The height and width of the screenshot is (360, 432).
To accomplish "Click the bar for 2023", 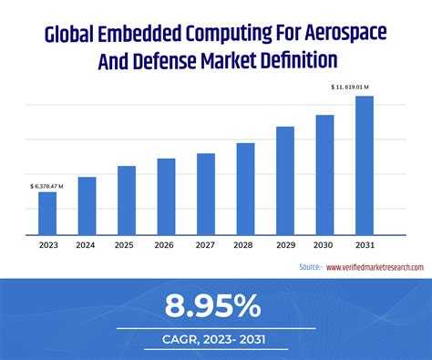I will [47, 213].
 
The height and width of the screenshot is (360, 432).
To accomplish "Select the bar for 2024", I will [87, 206].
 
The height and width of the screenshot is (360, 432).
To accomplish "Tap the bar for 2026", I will [166, 197].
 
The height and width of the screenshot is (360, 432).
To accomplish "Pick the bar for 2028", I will [245, 189].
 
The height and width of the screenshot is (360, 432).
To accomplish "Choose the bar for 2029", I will [285, 180].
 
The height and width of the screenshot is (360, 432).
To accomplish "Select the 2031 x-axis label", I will [365, 244].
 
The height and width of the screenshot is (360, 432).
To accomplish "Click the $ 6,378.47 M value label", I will [47, 185].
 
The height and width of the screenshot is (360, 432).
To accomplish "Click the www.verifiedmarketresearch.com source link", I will [374, 267].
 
